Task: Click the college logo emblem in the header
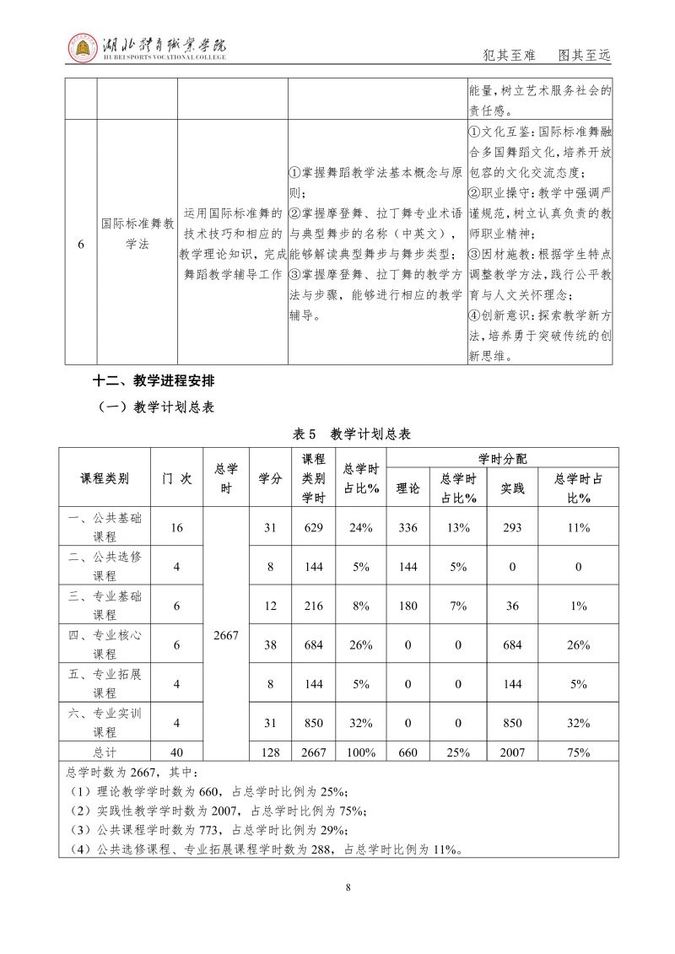click(83, 50)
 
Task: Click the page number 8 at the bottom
click(348, 887)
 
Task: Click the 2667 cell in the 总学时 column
click(226, 635)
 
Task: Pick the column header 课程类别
click(105, 477)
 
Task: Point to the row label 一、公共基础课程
click(105, 527)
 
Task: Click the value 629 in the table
click(314, 527)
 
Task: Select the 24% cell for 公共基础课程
click(361, 527)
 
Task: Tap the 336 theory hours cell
click(408, 527)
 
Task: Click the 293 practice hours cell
click(512, 527)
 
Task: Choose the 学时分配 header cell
click(502, 458)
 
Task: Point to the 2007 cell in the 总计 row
click(512, 752)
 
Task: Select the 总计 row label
click(105, 752)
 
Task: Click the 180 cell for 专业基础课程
click(408, 605)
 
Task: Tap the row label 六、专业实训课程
click(105, 722)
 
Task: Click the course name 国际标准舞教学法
click(138, 234)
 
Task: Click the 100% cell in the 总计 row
click(361, 752)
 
